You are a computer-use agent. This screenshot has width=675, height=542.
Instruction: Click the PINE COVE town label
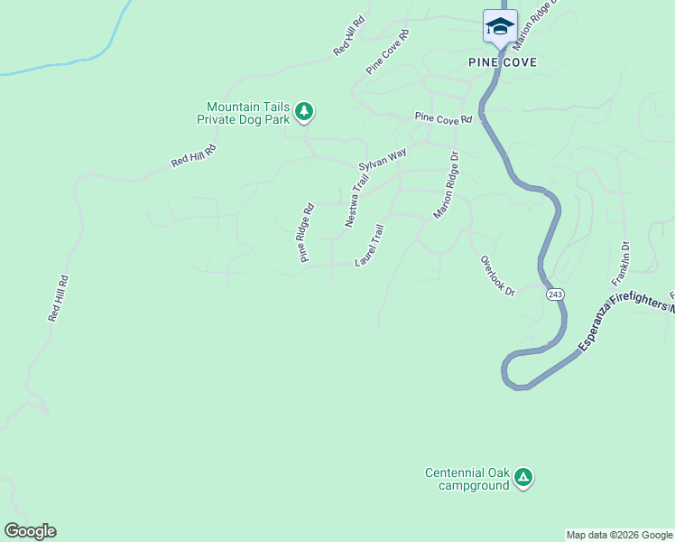coord(503,62)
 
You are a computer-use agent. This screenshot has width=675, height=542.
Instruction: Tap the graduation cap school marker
coord(500,26)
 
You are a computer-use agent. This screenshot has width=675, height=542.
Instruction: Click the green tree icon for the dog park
coord(305,111)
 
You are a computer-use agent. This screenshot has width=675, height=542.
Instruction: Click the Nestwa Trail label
coord(357,201)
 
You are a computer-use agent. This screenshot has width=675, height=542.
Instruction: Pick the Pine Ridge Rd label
coord(307,232)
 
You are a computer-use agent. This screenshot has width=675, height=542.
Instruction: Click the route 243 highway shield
coord(555,294)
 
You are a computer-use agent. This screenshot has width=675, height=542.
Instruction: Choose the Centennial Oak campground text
coord(467,479)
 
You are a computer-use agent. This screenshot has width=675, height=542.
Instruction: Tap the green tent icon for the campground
coord(523,477)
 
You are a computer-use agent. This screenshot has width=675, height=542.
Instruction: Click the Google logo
coord(30,531)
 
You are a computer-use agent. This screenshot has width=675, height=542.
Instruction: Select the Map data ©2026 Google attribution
coord(619,535)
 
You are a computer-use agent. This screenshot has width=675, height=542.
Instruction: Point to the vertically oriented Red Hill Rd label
coord(58,299)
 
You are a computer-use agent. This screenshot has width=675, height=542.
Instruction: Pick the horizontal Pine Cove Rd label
coord(443,118)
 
